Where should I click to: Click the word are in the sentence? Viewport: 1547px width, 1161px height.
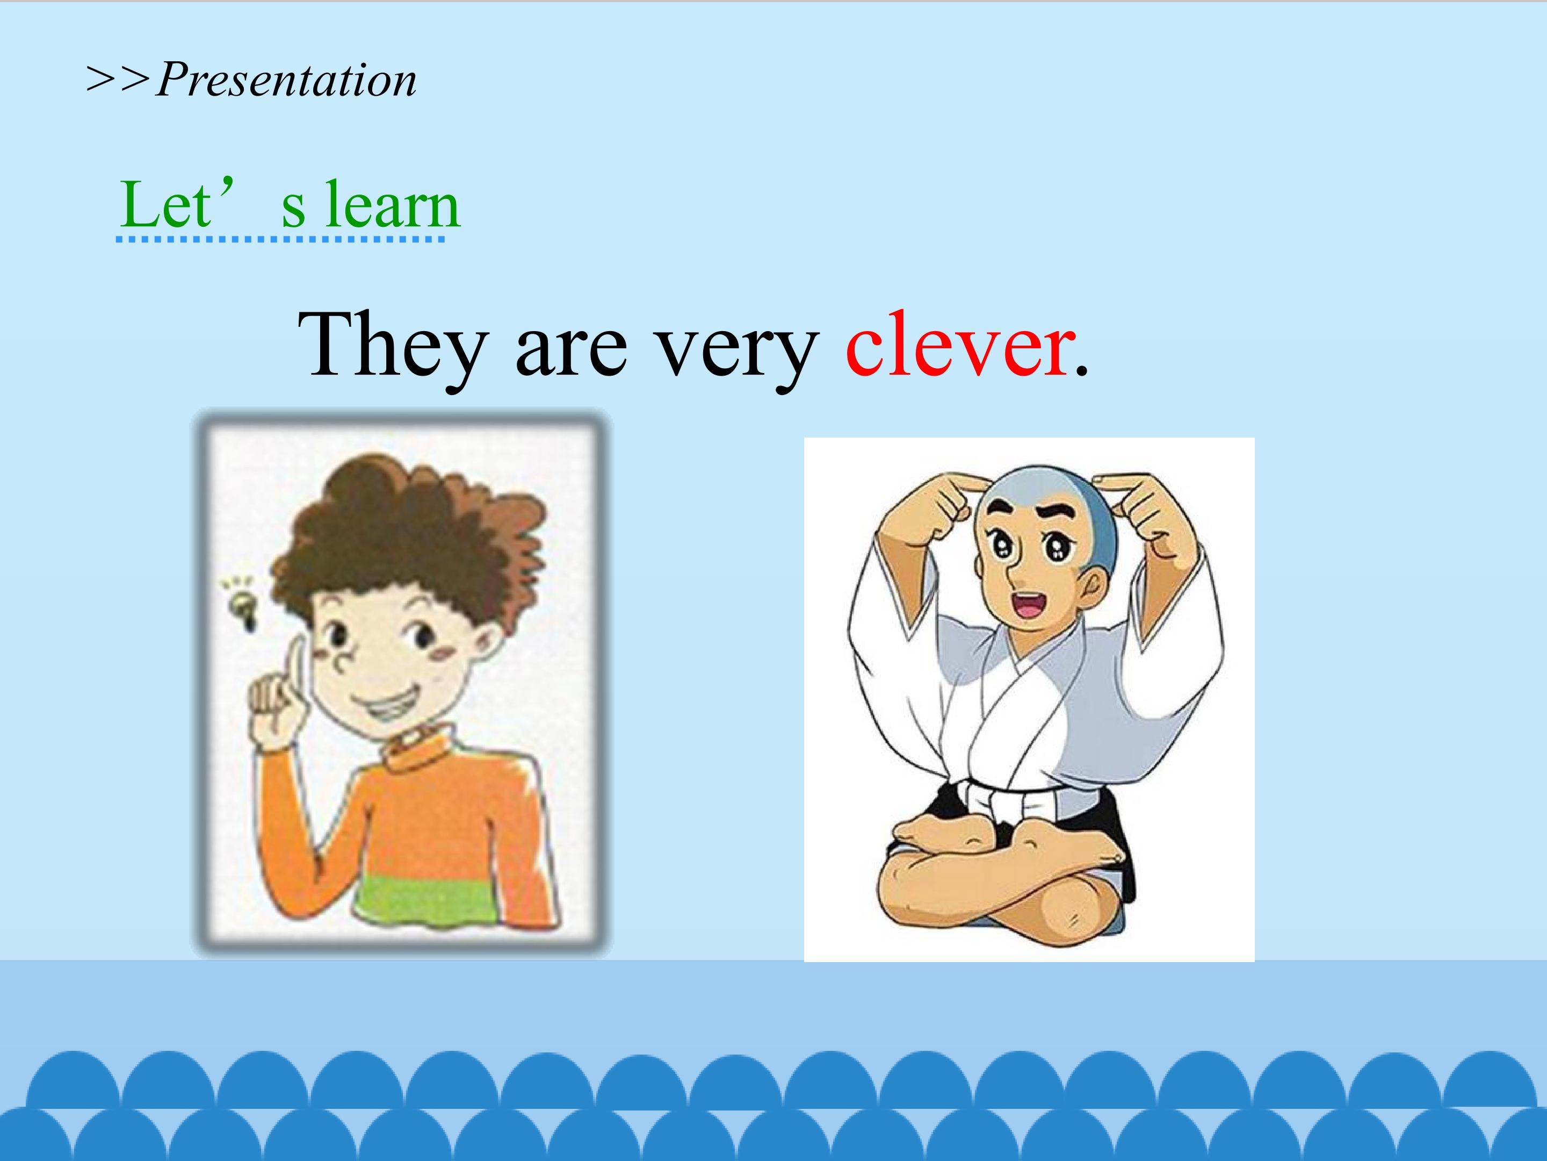pyautogui.click(x=570, y=354)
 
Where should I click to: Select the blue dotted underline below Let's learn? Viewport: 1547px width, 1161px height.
pyautogui.click(x=280, y=239)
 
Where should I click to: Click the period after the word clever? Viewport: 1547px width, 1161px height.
pyautogui.click(x=1082, y=374)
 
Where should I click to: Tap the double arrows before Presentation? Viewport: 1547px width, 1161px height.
pyautogui.click(x=118, y=79)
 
